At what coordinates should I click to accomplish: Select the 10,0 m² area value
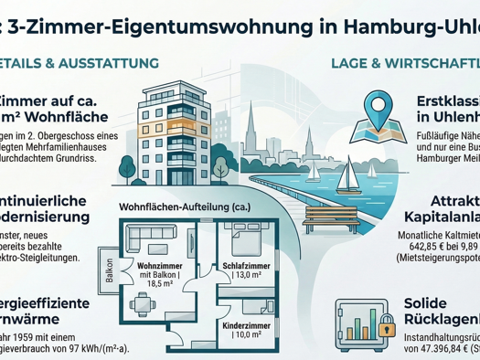[x=244, y=335]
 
